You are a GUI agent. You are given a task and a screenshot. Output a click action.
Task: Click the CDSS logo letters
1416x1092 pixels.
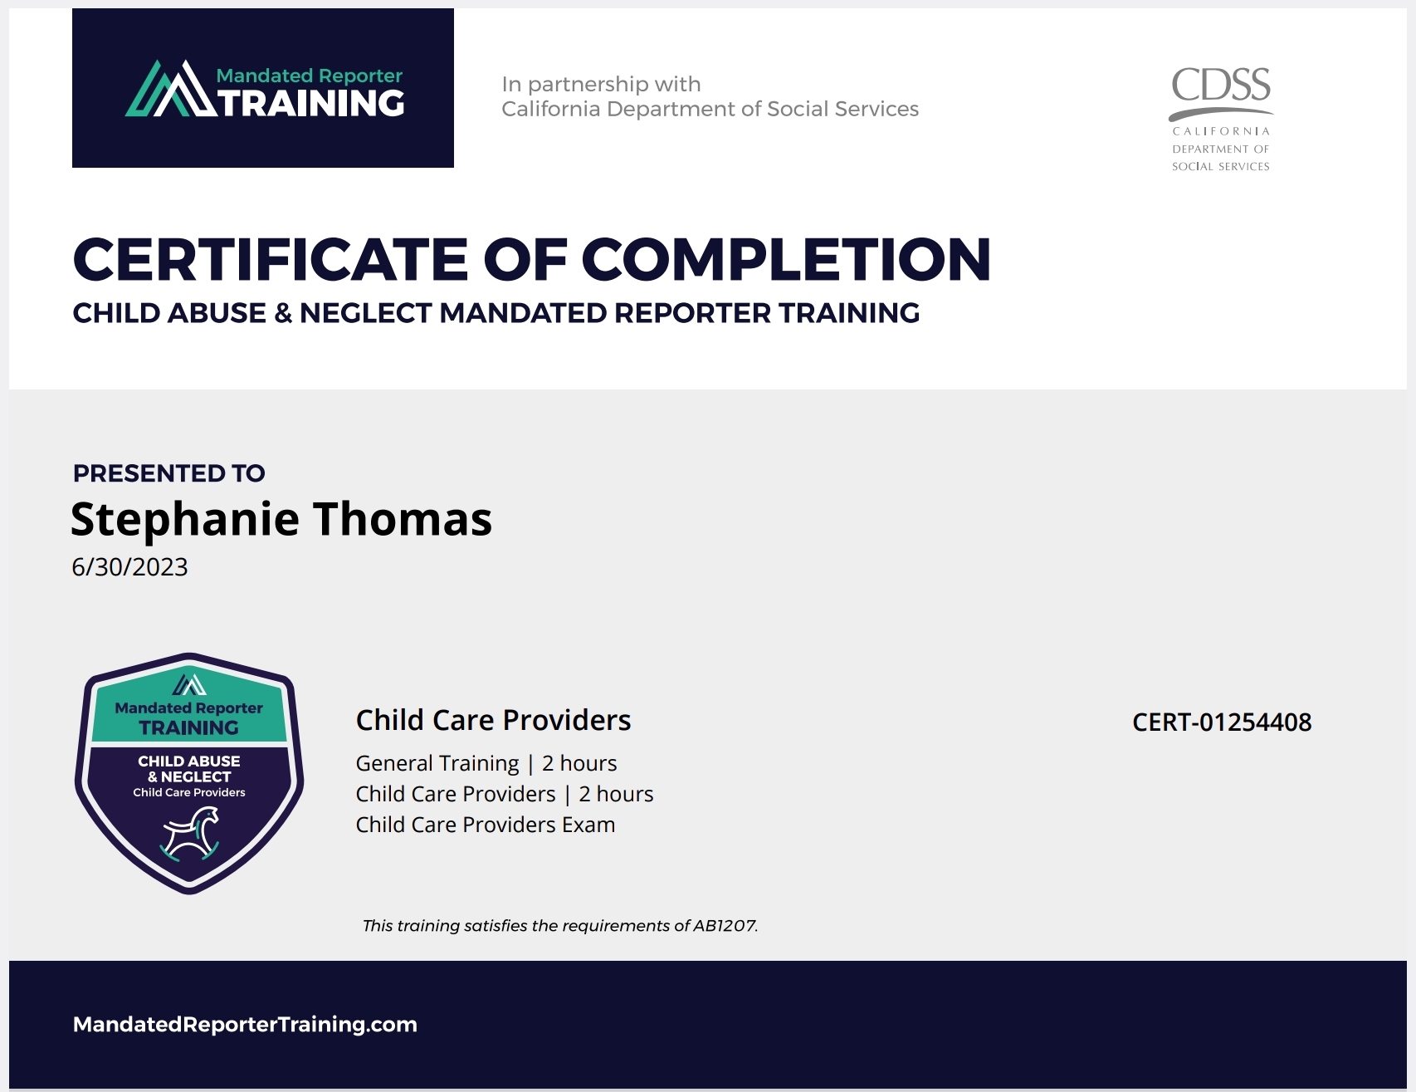click(x=1221, y=85)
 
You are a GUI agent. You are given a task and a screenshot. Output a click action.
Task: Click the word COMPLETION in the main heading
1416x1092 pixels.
click(x=787, y=259)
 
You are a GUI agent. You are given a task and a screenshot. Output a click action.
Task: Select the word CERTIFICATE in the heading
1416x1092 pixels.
click(x=271, y=259)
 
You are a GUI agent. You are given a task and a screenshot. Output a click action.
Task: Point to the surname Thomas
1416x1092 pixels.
click(x=403, y=519)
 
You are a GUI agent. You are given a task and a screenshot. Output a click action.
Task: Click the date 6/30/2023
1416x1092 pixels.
click(x=129, y=567)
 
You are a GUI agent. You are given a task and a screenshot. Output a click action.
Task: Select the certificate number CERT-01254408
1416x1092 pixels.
click(x=1222, y=722)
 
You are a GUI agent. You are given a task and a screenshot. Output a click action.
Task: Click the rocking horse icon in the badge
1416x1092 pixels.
click(x=191, y=834)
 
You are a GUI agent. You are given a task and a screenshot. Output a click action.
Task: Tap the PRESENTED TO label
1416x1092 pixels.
click(x=169, y=473)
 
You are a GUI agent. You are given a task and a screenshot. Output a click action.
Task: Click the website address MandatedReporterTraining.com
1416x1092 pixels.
click(x=245, y=1025)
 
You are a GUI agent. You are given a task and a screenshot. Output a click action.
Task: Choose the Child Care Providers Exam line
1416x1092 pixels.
click(x=486, y=825)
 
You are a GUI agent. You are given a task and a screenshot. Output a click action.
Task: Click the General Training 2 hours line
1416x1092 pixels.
click(x=486, y=763)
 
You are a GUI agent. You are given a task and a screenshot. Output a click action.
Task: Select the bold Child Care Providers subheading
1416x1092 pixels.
click(x=493, y=720)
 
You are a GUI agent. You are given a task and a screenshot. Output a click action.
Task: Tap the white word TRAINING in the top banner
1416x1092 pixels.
click(x=312, y=103)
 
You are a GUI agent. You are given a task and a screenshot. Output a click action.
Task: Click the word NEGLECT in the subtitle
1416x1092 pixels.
click(x=366, y=313)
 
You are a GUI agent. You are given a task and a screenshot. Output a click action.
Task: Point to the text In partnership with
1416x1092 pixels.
click(x=601, y=84)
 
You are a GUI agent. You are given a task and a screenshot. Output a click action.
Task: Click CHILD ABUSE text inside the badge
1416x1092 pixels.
click(x=189, y=761)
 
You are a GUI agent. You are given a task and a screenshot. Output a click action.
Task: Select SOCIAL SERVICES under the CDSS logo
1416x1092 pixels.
click(x=1221, y=166)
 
